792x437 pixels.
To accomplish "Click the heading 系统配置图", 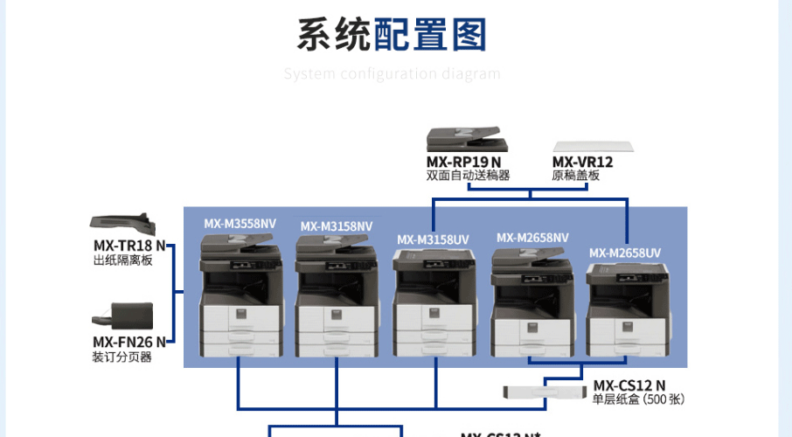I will click(x=392, y=36).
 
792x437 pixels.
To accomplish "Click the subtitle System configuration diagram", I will click(x=392, y=73).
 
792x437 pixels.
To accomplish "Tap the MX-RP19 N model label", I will click(x=463, y=162).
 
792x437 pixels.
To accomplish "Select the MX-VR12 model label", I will click(x=582, y=162).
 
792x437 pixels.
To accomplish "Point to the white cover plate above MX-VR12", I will click(x=594, y=145).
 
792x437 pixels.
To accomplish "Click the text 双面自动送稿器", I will click(x=468, y=175).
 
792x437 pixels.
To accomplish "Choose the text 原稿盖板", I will click(x=576, y=175).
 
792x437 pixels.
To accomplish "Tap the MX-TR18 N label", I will click(x=129, y=246).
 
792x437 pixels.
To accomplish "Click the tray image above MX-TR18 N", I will click(x=122, y=224).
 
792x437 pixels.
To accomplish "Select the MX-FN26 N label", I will click(x=129, y=343).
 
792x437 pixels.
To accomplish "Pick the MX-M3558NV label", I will click(x=240, y=224).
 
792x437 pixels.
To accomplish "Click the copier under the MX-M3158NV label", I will click(x=336, y=301).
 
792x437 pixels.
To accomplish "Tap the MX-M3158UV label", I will click(x=433, y=239).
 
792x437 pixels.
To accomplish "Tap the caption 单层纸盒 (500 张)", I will click(x=638, y=399).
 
